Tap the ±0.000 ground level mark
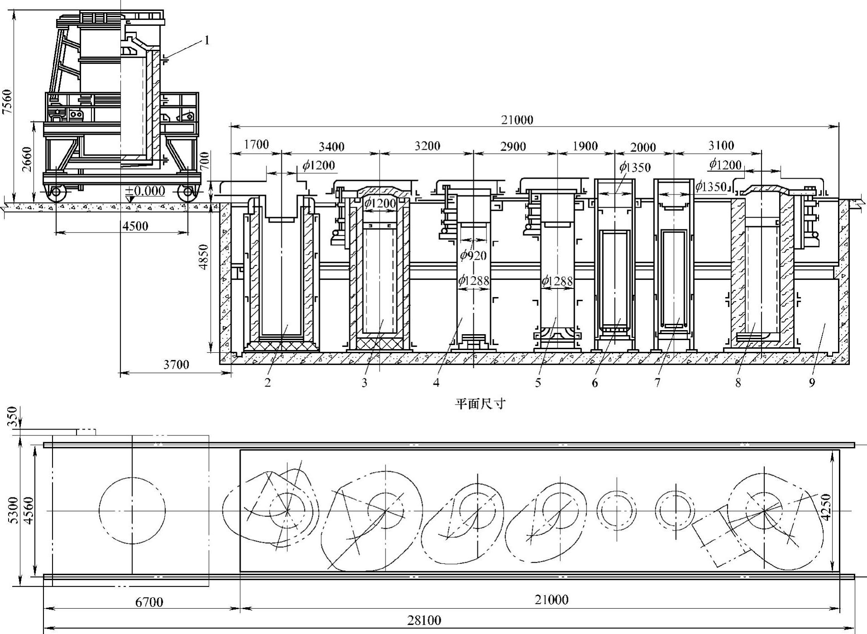tap(145, 191)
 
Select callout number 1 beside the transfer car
tap(207, 40)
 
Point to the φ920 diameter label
tap(473, 255)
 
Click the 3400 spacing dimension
tap(331, 147)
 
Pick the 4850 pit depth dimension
tap(205, 257)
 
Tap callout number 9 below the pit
tap(812, 383)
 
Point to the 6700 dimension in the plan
tap(149, 602)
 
